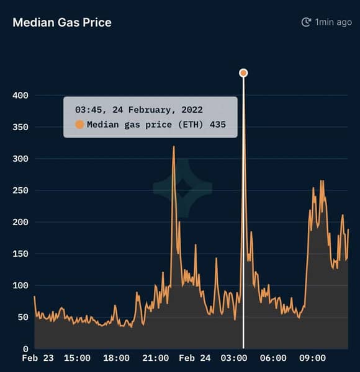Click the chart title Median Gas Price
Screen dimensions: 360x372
click(x=62, y=23)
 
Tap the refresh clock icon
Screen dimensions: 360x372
click(x=306, y=22)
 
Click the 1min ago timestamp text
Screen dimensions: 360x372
click(x=333, y=22)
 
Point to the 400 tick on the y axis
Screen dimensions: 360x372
click(x=20, y=95)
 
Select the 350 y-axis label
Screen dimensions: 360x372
click(x=20, y=127)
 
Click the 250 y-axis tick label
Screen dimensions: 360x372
click(x=20, y=190)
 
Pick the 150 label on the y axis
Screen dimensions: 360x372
click(x=20, y=254)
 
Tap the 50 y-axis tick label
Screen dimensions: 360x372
click(x=23, y=317)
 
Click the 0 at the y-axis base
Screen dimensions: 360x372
click(x=25, y=349)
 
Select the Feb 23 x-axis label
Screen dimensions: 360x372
click(x=38, y=358)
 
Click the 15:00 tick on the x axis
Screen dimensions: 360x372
click(x=77, y=358)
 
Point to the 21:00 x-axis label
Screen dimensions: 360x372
click(x=156, y=358)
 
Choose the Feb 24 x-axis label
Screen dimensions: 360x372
click(x=195, y=358)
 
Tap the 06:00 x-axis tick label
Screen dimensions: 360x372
click(x=273, y=358)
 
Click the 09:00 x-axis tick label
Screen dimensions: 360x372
click(x=312, y=358)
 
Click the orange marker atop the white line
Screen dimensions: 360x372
click(x=243, y=73)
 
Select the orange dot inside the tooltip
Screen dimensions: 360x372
click(x=79, y=125)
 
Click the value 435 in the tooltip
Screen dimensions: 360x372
click(x=218, y=125)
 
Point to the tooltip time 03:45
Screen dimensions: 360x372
click(x=89, y=110)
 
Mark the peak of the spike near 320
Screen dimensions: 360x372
click(x=174, y=146)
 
